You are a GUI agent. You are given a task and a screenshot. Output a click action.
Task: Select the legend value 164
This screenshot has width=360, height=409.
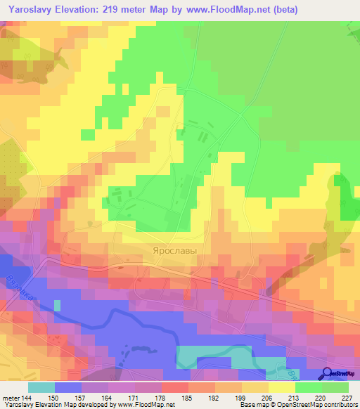(107, 397)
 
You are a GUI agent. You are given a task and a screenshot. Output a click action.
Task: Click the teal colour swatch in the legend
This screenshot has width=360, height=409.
(41, 387)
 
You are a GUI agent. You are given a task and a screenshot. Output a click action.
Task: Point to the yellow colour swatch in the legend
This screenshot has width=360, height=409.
(281, 387)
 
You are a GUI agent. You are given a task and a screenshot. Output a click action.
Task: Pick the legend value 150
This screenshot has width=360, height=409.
(53, 397)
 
